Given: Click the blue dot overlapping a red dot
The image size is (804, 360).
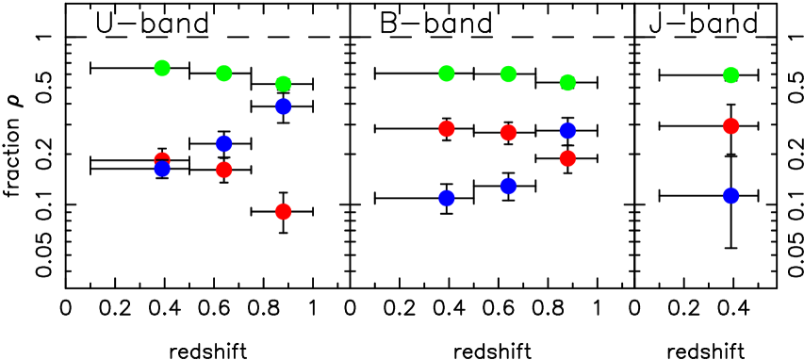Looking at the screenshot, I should pos(162,170).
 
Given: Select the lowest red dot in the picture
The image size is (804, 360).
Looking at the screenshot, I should pos(283,211).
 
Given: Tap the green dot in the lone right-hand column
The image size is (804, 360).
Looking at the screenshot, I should pos(730,75).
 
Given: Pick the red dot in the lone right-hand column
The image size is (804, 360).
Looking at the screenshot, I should pos(730,126).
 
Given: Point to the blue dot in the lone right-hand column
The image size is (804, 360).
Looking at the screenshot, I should pos(730,196).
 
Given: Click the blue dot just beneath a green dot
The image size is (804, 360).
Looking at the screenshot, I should pos(283,106).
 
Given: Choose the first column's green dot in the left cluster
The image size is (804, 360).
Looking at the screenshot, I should pos(162,68).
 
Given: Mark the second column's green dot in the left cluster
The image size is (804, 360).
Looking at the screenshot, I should pos(223,74).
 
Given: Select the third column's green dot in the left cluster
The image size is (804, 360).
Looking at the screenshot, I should pos(283,84).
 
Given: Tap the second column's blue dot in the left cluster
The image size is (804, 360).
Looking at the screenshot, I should pos(223,143).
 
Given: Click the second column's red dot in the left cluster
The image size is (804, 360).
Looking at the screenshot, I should pos(223,170).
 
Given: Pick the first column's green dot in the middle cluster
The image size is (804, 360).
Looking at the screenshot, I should pos(447,74).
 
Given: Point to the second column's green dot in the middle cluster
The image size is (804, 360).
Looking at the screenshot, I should pos(508,74).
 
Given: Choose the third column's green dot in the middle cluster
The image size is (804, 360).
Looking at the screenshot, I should pos(567,83).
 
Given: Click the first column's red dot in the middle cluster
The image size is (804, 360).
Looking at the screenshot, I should pos(447,128).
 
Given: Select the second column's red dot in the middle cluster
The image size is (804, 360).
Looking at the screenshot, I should pos(508,133).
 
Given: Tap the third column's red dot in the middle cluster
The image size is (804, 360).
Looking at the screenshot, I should pos(567,158).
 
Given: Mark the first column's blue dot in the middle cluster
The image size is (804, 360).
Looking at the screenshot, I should pos(447,198).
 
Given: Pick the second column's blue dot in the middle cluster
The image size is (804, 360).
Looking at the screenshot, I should pos(508,186).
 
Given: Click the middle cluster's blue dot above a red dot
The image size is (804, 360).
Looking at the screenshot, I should pos(567,130).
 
